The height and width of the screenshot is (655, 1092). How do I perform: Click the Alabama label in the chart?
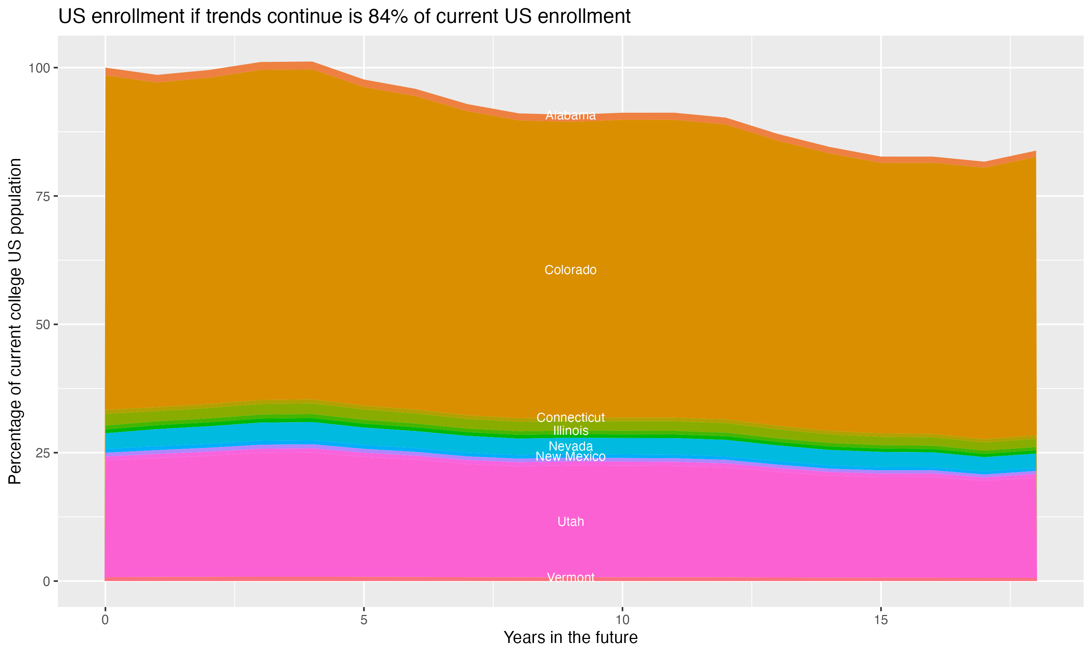click(x=570, y=116)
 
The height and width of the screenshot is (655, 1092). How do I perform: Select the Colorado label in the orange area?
click(x=570, y=270)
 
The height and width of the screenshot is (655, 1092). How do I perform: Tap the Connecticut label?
click(x=570, y=417)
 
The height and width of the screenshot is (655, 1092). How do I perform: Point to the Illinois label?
click(x=570, y=431)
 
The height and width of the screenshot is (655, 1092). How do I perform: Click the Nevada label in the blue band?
click(x=570, y=446)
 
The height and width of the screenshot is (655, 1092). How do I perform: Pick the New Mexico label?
click(x=570, y=457)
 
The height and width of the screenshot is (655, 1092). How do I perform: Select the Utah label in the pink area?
click(x=570, y=522)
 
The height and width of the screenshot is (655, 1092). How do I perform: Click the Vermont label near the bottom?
click(x=570, y=578)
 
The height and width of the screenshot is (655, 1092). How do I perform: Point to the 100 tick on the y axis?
click(x=40, y=68)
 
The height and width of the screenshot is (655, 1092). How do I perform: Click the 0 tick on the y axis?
click(x=46, y=581)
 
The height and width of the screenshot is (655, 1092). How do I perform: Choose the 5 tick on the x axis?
click(x=364, y=620)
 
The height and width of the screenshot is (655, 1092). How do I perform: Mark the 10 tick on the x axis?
click(x=622, y=620)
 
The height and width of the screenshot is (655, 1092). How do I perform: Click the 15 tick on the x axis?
click(x=881, y=620)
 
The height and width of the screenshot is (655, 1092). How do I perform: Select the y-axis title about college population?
click(x=15, y=321)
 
